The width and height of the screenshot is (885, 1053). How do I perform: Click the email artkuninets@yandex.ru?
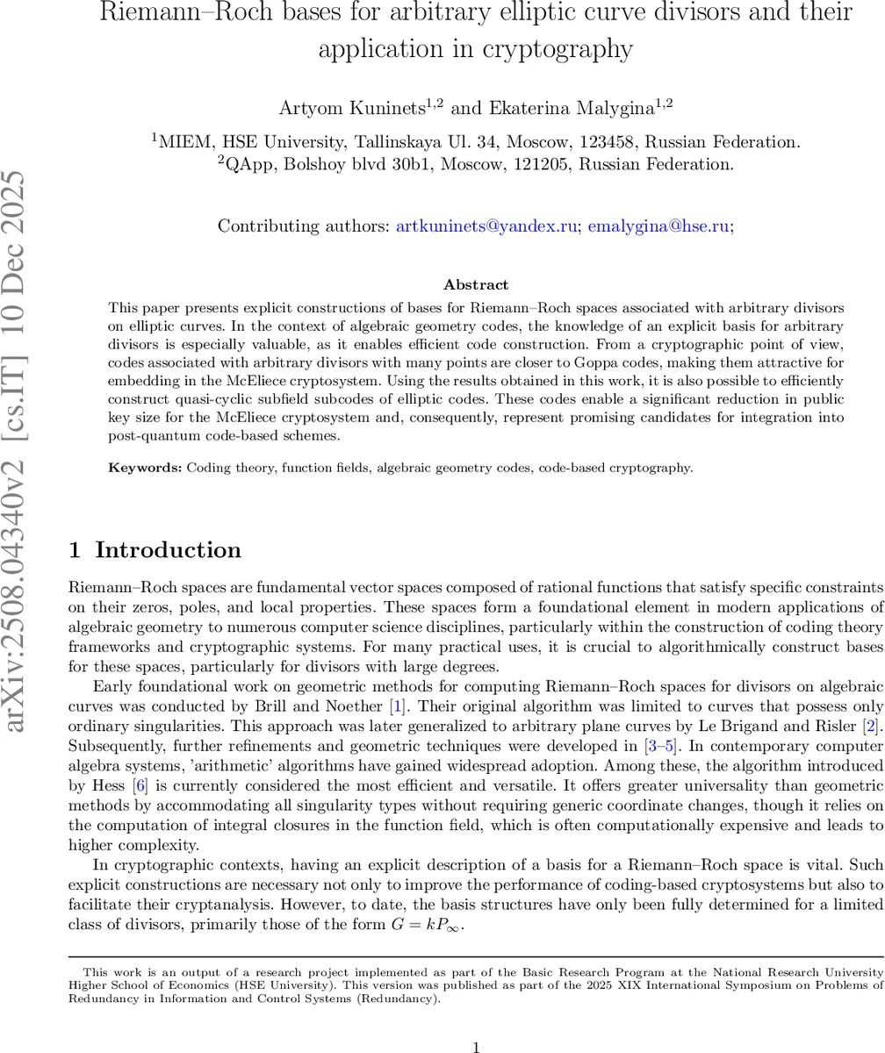click(486, 226)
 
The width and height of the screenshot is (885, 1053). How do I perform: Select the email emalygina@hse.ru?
click(658, 226)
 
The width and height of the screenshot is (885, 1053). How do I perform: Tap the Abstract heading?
click(476, 285)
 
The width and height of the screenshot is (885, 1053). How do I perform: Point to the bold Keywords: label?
click(145, 468)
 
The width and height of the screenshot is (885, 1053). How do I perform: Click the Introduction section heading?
click(168, 550)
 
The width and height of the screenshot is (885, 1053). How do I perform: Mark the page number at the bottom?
click(476, 1023)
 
